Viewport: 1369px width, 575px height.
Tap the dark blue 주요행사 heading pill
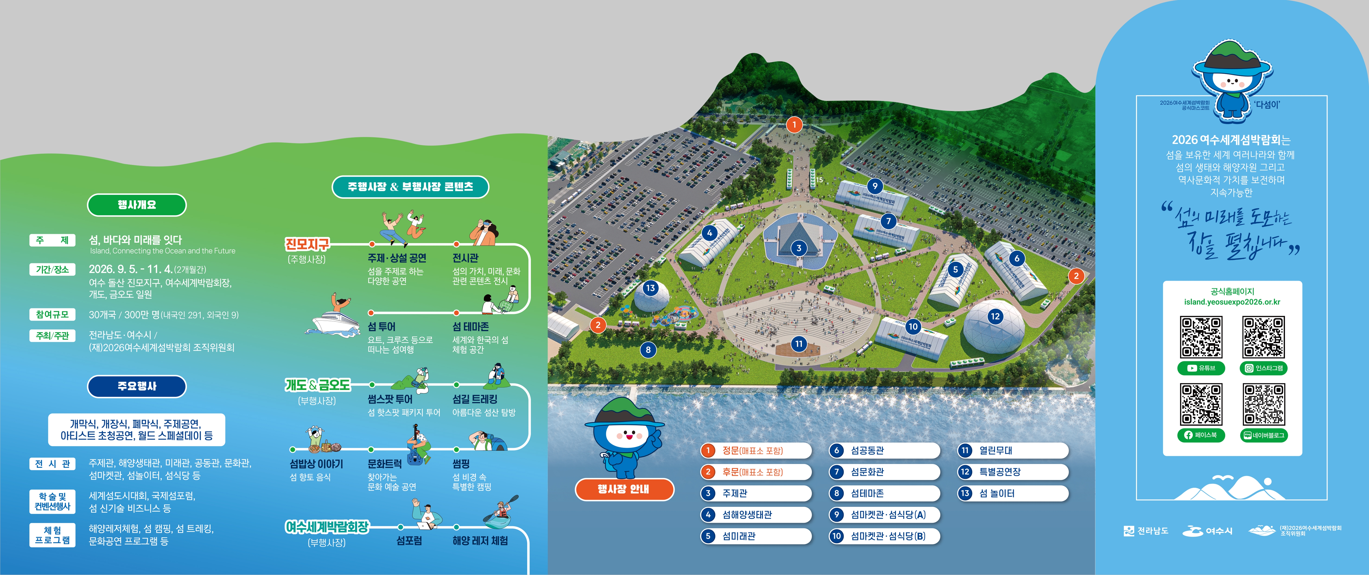point(137,386)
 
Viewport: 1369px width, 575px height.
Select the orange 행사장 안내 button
point(624,489)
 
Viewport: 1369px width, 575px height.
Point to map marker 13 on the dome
point(650,288)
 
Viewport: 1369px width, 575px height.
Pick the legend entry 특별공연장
point(1012,472)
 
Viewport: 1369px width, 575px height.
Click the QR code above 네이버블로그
point(1263,404)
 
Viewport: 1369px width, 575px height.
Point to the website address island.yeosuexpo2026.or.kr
point(1232,302)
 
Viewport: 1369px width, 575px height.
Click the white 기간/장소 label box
point(52,269)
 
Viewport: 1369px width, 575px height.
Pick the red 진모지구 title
point(307,244)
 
